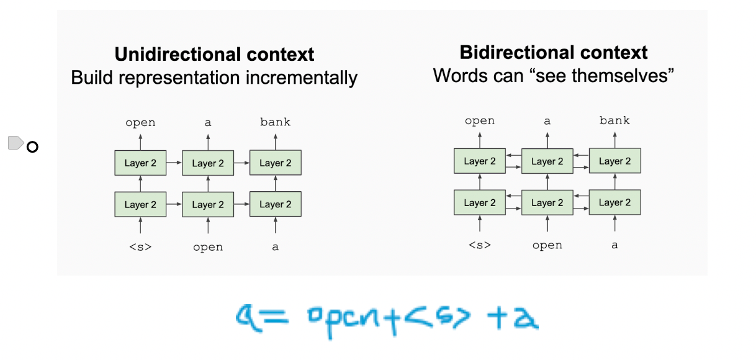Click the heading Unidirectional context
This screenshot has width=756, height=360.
point(214,55)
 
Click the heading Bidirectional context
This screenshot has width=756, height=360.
point(554,52)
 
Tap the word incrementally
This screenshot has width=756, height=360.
point(302,78)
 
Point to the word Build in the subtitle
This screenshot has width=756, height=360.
point(92,78)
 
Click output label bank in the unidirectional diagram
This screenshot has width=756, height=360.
point(276,122)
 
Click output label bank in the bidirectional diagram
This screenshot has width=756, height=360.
point(614,120)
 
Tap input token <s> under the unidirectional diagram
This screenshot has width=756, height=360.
point(140,247)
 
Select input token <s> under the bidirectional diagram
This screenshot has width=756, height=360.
point(480,245)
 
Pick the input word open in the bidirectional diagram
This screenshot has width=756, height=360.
point(547,246)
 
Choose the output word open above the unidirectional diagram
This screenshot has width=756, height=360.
point(140,122)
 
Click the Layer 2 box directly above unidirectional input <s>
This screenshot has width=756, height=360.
point(140,204)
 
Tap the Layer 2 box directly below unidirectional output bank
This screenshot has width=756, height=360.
point(276,163)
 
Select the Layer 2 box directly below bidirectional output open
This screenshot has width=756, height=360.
point(480,161)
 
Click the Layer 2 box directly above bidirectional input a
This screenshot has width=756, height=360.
point(615,202)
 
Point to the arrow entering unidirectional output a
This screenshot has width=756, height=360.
point(208,142)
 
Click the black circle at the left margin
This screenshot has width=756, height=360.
point(32,147)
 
